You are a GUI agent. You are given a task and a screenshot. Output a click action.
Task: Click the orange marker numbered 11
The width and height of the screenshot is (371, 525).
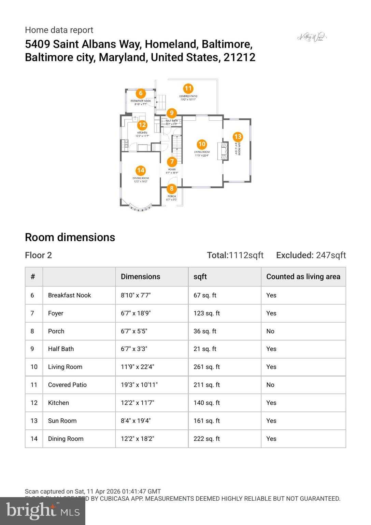coord(188,89)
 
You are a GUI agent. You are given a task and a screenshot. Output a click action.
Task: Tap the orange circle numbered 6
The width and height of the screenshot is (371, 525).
coord(141,93)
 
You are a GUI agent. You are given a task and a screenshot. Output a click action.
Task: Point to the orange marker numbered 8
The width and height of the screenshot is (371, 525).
coord(172,188)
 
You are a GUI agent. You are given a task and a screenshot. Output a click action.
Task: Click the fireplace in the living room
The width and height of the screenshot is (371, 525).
coord(225,151)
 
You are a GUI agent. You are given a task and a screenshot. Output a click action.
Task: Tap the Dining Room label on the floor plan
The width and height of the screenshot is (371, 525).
coord(141,178)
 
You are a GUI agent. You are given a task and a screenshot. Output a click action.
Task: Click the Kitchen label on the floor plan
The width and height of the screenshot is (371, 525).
coord(142,133)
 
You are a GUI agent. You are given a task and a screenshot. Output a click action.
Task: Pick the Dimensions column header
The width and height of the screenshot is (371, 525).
coord(140,277)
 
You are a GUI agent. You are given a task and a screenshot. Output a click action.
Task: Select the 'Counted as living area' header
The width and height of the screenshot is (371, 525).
coord(303,277)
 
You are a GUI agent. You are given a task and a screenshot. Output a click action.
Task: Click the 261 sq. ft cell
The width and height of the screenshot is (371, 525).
coord(206,367)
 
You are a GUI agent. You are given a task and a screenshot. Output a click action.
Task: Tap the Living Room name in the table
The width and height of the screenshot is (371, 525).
coord(65,367)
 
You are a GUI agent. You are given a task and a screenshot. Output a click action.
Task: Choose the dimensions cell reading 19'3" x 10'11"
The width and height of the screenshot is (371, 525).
coord(139,385)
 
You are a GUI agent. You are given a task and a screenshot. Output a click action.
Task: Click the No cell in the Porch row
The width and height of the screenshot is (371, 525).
coord(270,331)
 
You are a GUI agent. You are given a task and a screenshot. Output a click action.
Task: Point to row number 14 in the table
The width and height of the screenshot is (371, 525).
coord(34,439)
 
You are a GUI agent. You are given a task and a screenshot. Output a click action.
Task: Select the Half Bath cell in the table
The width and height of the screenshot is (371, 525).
coord(61,349)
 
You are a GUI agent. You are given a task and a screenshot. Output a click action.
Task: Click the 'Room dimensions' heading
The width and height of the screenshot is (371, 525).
coord(70,237)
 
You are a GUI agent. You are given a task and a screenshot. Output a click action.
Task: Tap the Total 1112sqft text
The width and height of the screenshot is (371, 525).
coord(235,255)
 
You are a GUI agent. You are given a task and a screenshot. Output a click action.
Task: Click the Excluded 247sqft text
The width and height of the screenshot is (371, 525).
coord(311,255)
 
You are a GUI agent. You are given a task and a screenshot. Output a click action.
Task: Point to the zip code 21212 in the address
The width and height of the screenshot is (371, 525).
coord(239,57)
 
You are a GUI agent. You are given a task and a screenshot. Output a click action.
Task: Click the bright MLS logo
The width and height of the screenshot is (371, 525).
coord(43,511)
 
